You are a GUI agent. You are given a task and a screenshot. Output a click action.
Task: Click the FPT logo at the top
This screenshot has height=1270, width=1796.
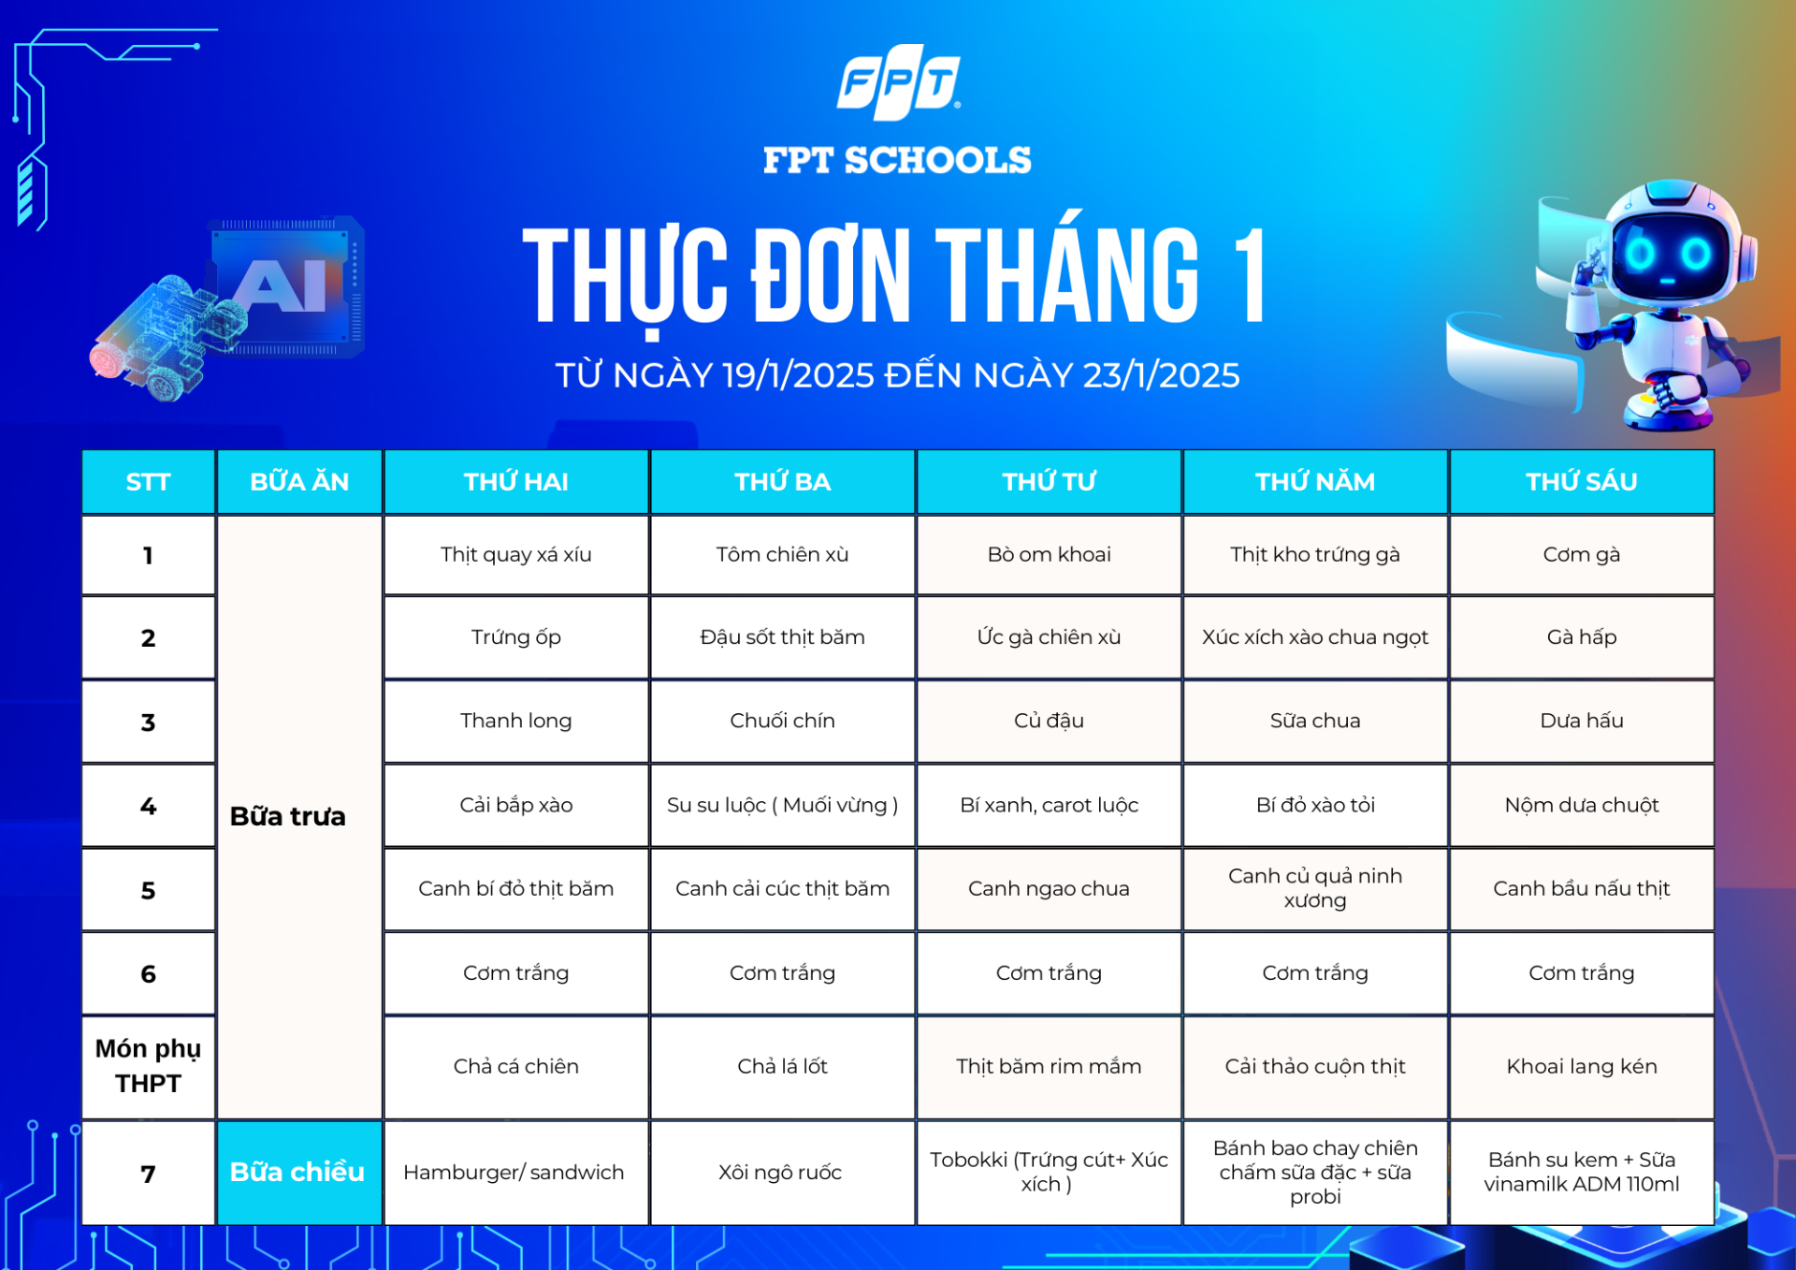point(898,82)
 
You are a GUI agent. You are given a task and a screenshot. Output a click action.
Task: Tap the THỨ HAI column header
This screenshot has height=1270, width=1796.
point(516,482)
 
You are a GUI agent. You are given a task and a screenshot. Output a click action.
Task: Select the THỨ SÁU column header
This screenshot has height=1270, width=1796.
point(1582,482)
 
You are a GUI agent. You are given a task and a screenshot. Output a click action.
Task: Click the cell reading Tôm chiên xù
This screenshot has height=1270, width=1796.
point(783,555)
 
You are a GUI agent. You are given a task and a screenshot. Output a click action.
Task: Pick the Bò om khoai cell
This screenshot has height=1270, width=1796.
point(1050,555)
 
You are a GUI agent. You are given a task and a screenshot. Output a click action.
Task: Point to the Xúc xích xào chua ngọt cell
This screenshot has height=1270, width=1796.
point(1315,637)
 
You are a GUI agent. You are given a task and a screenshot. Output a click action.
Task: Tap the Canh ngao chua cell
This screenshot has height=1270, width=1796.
point(1050,889)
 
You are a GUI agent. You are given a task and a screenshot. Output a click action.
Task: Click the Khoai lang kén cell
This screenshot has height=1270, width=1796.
point(1582,1067)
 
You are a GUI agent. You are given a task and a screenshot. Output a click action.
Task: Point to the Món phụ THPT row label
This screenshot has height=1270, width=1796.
point(149,1067)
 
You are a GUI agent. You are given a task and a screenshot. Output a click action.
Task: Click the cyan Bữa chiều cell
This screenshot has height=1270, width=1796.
point(299,1173)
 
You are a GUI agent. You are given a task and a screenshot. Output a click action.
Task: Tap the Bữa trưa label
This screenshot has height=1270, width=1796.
point(288,816)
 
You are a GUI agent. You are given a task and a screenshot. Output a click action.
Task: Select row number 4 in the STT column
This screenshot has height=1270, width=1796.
point(149,806)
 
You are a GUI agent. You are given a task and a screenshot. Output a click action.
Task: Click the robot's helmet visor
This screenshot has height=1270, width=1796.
point(1669,253)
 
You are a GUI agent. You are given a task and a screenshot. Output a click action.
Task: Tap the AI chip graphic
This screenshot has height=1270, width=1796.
point(285,285)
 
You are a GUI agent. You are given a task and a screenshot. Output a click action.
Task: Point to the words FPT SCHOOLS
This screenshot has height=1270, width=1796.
point(897,160)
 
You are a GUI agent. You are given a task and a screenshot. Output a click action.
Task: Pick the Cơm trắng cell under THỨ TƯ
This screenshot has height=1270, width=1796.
point(1050,973)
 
